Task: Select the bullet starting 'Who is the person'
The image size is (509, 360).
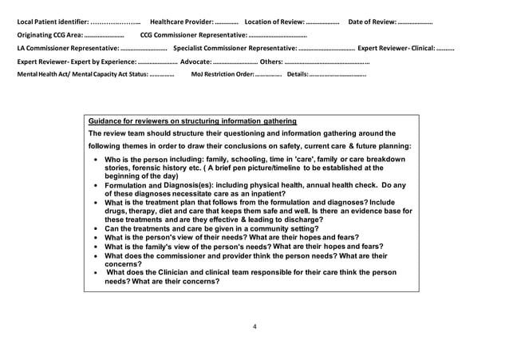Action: coord(247,168)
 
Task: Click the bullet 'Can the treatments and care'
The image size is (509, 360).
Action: coord(211,228)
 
